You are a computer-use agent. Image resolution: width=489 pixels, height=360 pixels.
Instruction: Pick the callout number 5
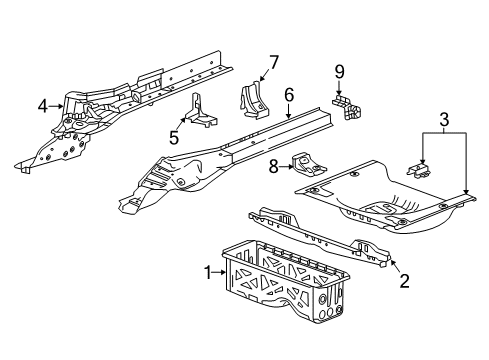tap(173, 137)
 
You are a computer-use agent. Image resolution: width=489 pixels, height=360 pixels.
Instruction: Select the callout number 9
tap(338, 71)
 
